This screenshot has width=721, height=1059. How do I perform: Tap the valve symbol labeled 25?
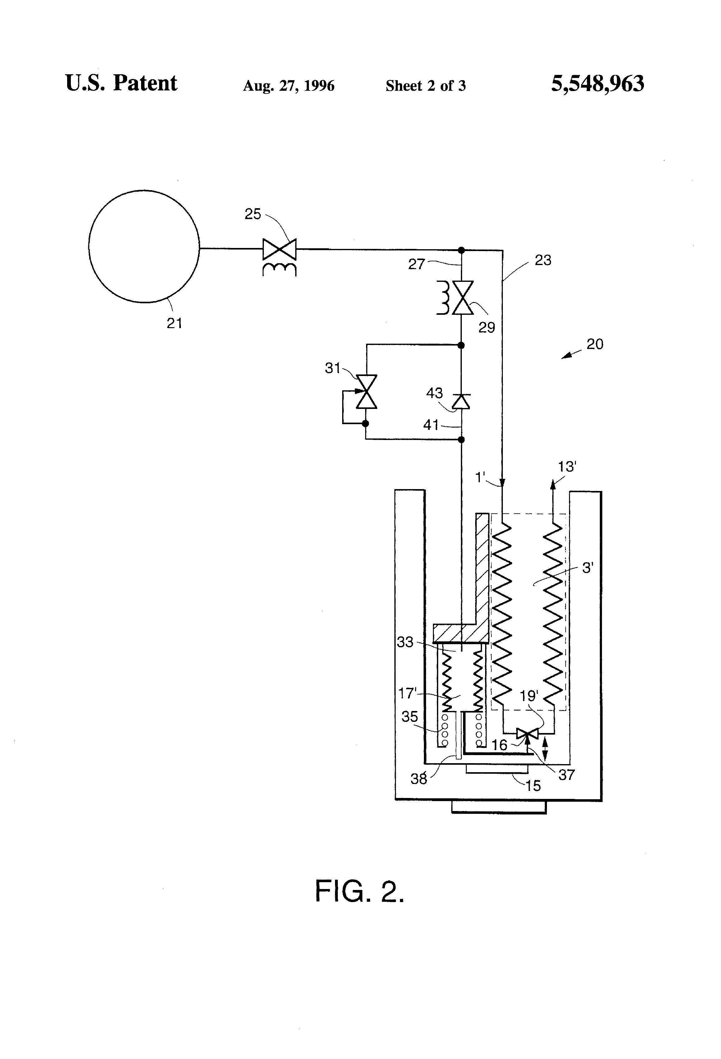click(279, 249)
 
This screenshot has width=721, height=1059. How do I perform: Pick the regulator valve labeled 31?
click(366, 392)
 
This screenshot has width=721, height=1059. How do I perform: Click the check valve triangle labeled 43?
click(461, 401)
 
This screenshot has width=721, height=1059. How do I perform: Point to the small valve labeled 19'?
click(527, 734)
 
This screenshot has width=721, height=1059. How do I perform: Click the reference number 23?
click(543, 260)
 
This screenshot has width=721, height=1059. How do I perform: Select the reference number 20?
click(595, 344)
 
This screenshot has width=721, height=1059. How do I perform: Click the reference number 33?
click(405, 642)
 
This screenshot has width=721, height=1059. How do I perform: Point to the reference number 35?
click(409, 716)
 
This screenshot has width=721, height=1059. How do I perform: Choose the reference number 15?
click(533, 786)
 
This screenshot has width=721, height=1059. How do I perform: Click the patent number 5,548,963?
click(598, 84)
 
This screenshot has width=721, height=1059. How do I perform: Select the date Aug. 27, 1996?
click(288, 86)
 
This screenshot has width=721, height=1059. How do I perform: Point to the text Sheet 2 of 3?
click(426, 86)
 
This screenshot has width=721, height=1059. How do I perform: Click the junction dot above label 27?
click(461, 250)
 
